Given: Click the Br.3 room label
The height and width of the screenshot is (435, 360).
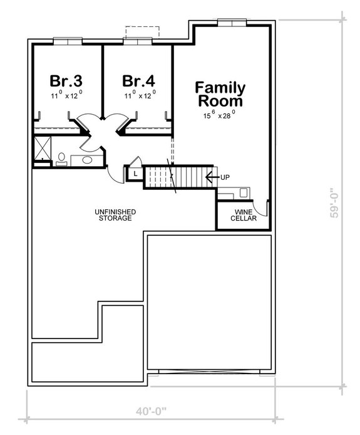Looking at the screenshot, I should tap(66, 81).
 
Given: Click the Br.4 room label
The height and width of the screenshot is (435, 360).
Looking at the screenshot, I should tap(138, 81).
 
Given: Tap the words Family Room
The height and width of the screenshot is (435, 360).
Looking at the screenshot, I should tap(220, 93).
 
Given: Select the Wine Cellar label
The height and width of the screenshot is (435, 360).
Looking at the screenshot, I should tap(243, 215).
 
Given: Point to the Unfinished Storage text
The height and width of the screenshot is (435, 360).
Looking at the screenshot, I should tap(116, 215).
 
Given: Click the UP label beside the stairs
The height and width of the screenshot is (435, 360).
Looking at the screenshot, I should tap(225, 177).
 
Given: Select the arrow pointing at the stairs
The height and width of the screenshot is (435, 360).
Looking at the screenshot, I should tap(211, 177).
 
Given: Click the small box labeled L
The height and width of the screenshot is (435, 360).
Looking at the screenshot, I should tap(135, 173).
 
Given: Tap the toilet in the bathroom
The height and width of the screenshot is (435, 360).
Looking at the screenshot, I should tap(61, 158).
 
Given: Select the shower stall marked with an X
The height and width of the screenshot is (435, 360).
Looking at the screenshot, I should tap(43, 149).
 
